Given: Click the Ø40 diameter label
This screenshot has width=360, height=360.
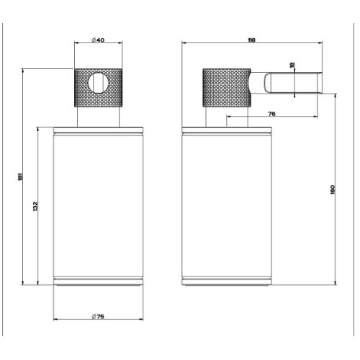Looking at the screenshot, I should [99, 40].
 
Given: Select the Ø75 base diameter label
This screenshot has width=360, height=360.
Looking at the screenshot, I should [99, 318].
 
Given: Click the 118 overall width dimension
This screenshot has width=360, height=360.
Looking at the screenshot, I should [251, 40].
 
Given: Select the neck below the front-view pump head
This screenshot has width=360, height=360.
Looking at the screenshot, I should [101, 117].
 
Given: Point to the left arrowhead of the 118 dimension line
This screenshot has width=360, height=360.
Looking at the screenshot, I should [183, 44].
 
